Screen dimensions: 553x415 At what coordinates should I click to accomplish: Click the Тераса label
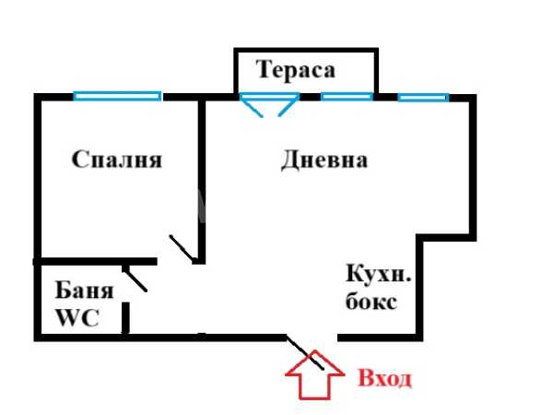click(296, 70)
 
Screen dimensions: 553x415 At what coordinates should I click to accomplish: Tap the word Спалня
click(117, 160)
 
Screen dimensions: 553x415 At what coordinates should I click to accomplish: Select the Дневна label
click(324, 160)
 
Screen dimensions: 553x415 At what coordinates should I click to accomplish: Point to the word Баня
click(84, 290)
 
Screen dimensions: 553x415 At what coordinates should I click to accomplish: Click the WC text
click(77, 317)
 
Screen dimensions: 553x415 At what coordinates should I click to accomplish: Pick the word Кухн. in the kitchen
click(379, 274)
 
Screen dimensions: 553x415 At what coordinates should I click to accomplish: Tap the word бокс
click(371, 302)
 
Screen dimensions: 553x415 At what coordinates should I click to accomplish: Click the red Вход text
click(384, 378)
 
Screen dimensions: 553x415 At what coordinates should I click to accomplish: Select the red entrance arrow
click(314, 375)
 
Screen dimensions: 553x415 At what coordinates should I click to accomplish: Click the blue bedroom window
click(117, 96)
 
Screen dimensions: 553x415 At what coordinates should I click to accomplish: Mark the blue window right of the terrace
click(424, 97)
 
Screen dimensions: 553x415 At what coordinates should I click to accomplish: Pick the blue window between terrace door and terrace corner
click(347, 96)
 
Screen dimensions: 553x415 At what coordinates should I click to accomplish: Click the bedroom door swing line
click(182, 249)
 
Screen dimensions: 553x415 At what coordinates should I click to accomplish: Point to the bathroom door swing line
click(135, 279)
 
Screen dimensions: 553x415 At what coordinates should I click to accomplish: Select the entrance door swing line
click(305, 352)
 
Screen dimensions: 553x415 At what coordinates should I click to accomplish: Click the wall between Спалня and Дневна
click(202, 182)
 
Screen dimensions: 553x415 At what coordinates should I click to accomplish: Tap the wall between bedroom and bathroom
click(95, 262)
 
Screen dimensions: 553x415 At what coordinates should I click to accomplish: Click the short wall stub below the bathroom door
click(125, 317)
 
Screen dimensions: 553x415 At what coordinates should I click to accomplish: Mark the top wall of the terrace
click(306, 51)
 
